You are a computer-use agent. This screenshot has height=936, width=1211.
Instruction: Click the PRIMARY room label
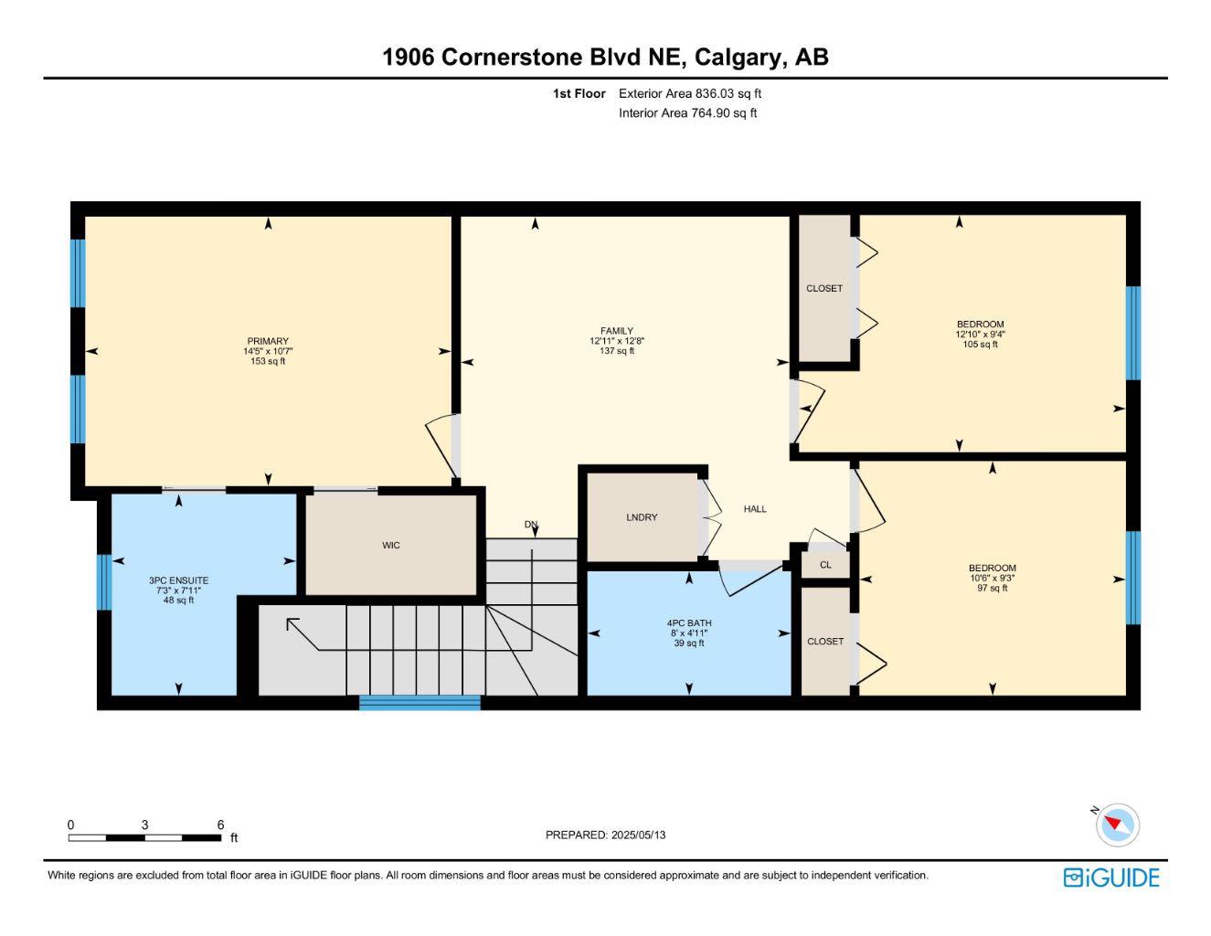pyautogui.click(x=268, y=341)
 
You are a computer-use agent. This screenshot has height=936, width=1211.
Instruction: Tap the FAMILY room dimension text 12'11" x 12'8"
pyautogui.click(x=617, y=341)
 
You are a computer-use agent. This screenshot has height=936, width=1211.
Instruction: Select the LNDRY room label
pyautogui.click(x=642, y=517)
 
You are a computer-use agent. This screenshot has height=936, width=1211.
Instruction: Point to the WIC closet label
pyautogui.click(x=390, y=546)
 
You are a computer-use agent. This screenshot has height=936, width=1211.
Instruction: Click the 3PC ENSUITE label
pyautogui.click(x=178, y=580)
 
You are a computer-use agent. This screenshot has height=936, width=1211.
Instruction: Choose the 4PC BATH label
pyautogui.click(x=689, y=623)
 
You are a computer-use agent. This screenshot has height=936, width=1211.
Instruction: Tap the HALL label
pyautogui.click(x=755, y=509)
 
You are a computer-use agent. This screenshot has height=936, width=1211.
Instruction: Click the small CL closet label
pyautogui.click(x=825, y=565)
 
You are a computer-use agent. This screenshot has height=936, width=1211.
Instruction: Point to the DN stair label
pyautogui.click(x=530, y=525)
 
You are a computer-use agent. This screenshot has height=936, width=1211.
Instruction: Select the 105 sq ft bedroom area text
pyautogui.click(x=980, y=345)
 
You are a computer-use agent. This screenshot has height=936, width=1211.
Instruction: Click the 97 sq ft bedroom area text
pyautogui.click(x=992, y=589)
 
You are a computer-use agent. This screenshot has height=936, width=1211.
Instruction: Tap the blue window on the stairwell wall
pyautogui.click(x=420, y=703)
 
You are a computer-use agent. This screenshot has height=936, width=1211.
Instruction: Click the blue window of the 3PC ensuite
pyautogui.click(x=104, y=582)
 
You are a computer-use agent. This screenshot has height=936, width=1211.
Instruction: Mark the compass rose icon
pyautogui.click(x=1117, y=825)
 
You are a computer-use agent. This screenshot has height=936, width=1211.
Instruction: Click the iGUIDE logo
pyautogui.click(x=1111, y=878)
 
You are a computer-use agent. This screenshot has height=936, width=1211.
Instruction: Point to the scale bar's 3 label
pyautogui.click(x=145, y=824)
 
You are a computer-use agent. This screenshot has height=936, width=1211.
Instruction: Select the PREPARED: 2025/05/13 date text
pyautogui.click(x=605, y=835)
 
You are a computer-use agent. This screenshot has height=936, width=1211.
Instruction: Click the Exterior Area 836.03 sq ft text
pyautogui.click(x=690, y=93)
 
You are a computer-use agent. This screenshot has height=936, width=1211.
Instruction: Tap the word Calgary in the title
pyautogui.click(x=740, y=58)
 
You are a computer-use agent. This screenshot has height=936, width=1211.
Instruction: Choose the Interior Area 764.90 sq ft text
pyautogui.click(x=687, y=113)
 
